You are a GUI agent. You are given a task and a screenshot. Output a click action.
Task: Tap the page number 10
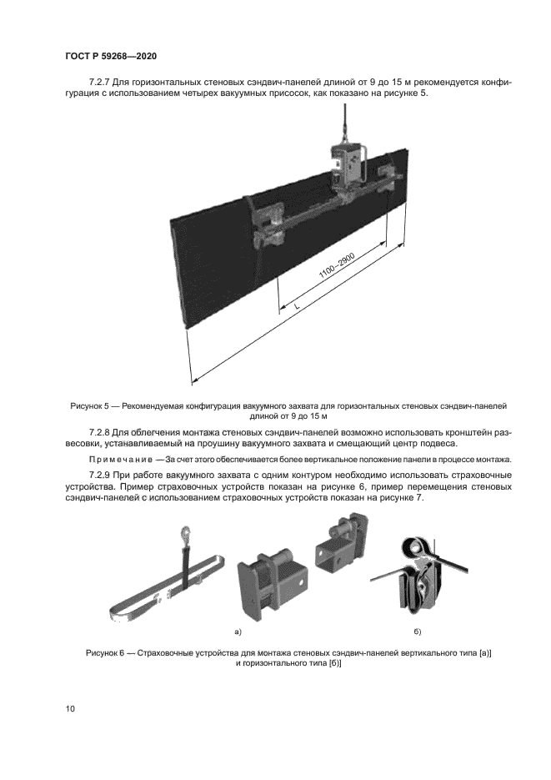pyautogui.click(x=70, y=709)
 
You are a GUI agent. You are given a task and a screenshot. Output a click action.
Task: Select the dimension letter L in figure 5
pyautogui.click(x=296, y=308)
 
